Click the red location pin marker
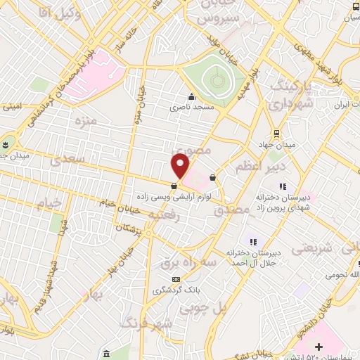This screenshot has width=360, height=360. (x=181, y=165)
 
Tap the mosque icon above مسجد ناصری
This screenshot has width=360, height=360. (x=191, y=97)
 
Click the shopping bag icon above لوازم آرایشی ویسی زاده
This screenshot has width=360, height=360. (x=173, y=186)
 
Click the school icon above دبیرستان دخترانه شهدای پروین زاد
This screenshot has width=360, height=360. (x=282, y=186)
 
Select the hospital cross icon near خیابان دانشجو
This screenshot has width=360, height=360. (x=319, y=347)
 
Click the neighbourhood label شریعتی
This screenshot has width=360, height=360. (x=309, y=248)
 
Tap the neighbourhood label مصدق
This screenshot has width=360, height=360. (x=231, y=209)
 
